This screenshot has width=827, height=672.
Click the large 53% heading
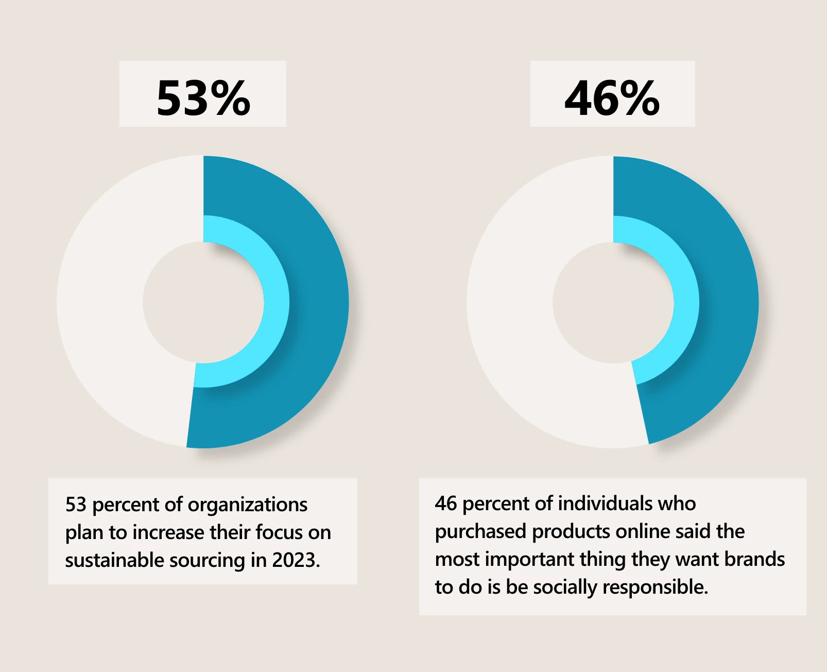point(203,97)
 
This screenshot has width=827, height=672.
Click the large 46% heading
point(612,97)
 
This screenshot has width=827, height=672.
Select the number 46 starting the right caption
point(445,503)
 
